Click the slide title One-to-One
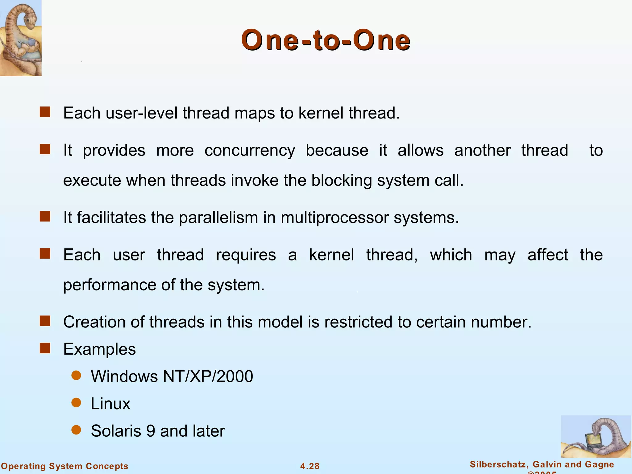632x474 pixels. click(x=326, y=40)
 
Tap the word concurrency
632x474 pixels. click(x=250, y=151)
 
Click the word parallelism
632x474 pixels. click(x=218, y=218)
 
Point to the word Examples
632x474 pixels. click(x=99, y=349)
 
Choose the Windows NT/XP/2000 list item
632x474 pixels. click(x=172, y=376)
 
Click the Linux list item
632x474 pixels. click(x=110, y=404)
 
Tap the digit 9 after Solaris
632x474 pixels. click(x=151, y=431)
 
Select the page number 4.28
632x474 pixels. click(x=310, y=466)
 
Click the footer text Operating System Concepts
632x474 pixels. click(x=64, y=466)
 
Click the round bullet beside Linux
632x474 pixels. click(x=76, y=403)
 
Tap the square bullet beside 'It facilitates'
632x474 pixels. click(x=45, y=217)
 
